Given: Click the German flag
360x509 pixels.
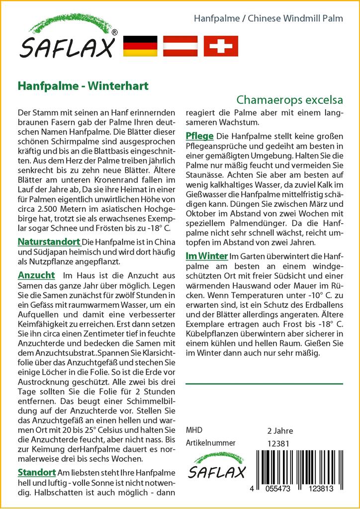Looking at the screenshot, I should click(x=139, y=46).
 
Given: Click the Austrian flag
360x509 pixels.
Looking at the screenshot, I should click(x=181, y=46).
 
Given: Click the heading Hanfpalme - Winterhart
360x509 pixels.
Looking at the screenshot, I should click(x=83, y=85).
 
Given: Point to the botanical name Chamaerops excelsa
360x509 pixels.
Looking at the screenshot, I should click(x=290, y=99).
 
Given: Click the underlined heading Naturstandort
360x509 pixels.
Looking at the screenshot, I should click(x=49, y=242).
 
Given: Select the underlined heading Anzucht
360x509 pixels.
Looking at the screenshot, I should click(x=36, y=275).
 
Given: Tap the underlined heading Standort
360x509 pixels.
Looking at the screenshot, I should click(x=37, y=472).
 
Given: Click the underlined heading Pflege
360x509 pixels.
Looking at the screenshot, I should click(x=199, y=136).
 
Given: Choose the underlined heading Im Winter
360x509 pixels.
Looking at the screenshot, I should click(x=206, y=256).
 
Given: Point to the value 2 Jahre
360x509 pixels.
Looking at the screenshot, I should click(x=280, y=430).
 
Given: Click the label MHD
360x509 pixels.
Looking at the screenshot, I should click(x=194, y=430).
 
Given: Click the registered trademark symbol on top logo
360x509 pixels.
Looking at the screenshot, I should click(x=114, y=33).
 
